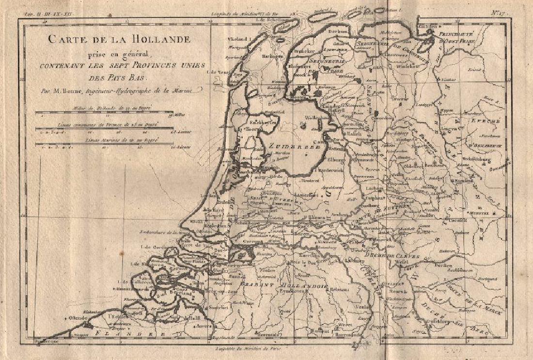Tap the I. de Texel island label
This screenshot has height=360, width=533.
point(217,72)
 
